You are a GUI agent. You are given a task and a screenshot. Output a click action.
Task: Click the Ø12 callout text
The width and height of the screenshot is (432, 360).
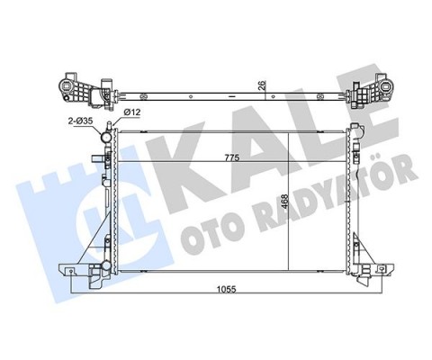(x=131, y=112)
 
